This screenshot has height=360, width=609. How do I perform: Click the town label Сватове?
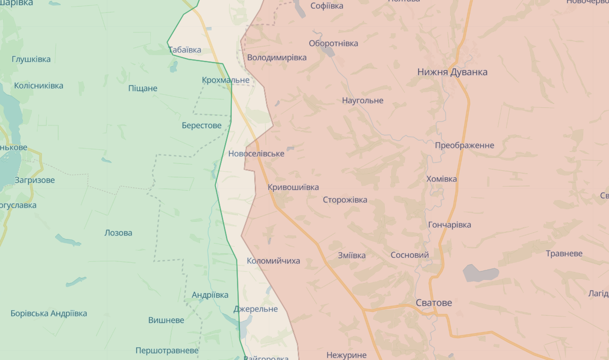coord(433,303)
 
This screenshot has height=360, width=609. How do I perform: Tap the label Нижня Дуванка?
coord(452,72)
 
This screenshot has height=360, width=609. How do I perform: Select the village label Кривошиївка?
coord(293,187)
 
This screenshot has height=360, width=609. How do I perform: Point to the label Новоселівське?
coord(256,153)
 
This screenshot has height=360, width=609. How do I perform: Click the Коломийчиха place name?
coord(273,261)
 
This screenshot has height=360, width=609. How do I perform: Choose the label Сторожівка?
coord(345,200)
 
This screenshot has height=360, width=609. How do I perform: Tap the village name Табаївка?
coord(185,50)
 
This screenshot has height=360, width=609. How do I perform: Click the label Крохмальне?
coord(225,80)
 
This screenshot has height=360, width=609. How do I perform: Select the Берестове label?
coord(201,125)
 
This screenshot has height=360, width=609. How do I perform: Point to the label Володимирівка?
coord(277,57)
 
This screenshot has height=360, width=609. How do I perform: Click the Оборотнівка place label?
coord(333,43)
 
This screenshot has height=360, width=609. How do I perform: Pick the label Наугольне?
coord(362,100)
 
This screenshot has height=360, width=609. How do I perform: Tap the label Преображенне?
coord(464,145)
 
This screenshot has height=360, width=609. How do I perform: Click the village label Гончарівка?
coord(450,225)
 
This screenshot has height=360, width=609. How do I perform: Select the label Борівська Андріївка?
coord(49,313)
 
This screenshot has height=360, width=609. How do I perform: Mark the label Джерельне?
coord(256,309)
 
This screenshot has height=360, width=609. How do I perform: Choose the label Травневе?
coord(564,253)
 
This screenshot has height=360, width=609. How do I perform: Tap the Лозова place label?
coord(118,233)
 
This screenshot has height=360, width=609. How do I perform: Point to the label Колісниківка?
coord(38,86)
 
